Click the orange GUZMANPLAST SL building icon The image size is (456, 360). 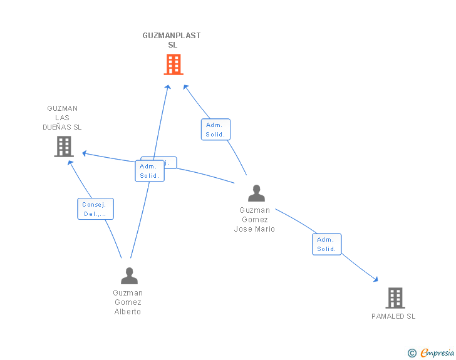[x=173, y=64]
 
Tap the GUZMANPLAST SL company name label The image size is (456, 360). [x=172, y=40]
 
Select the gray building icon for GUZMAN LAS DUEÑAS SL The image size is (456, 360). [x=64, y=147]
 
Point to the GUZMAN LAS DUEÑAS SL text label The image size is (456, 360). [x=63, y=118]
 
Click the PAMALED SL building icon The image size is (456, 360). [x=395, y=298]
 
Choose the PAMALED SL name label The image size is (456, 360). [x=393, y=316]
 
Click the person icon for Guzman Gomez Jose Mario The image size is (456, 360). [x=256, y=193]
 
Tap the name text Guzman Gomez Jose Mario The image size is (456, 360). [x=254, y=220]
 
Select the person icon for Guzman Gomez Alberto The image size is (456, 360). [x=129, y=275]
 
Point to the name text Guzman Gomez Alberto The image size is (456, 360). [x=128, y=302]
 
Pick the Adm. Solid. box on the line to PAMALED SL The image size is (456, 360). [x=326, y=244]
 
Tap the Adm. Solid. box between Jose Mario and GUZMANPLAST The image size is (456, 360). [x=215, y=130]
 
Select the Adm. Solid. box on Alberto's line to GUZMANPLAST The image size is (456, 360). [x=149, y=171]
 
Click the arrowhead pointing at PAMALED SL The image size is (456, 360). [x=376, y=280]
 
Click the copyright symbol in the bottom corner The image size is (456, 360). [x=412, y=353]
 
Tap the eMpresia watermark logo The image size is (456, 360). [x=437, y=353]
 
